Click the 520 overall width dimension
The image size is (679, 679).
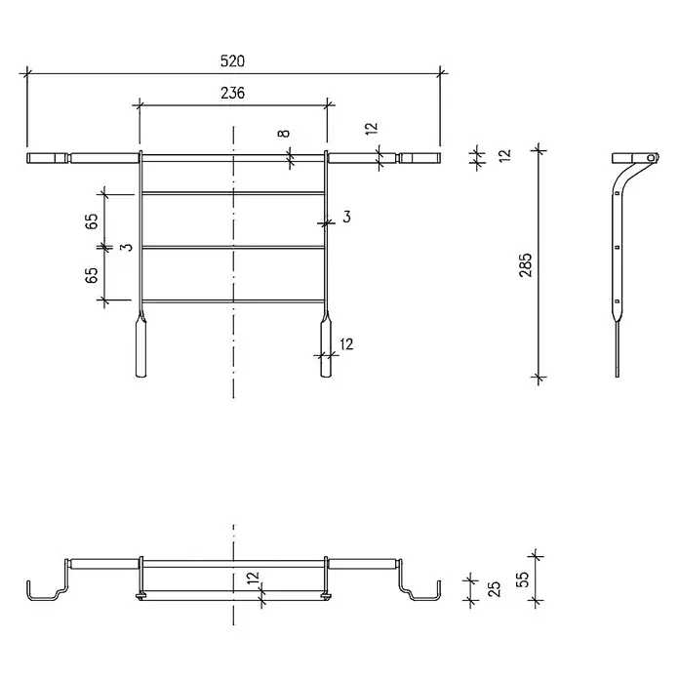(x=232, y=61)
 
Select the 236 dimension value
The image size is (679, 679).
(x=232, y=93)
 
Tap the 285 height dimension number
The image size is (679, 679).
(x=526, y=265)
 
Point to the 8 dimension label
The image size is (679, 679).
(x=284, y=133)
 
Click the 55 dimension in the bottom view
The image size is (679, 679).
(x=524, y=579)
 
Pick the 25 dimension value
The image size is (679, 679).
(x=494, y=589)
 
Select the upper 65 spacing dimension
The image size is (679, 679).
(x=92, y=220)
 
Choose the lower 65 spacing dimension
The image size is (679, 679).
(x=92, y=275)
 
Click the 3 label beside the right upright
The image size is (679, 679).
(x=346, y=217)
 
